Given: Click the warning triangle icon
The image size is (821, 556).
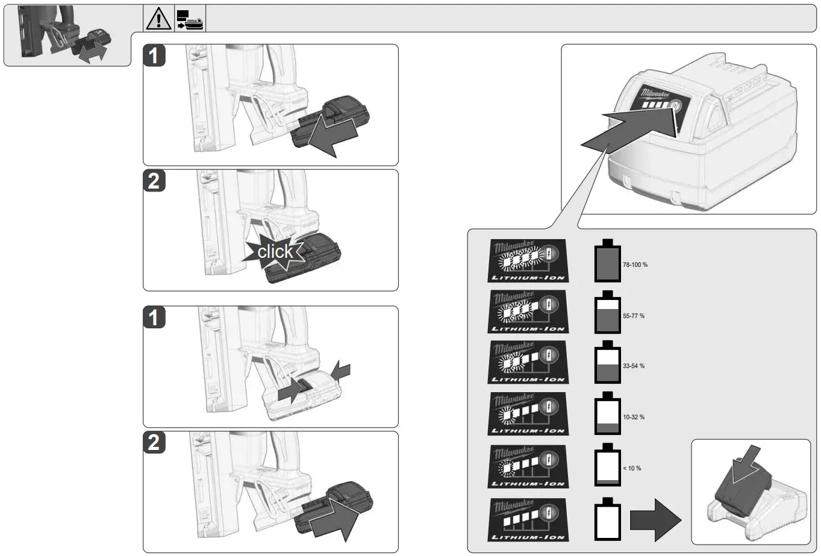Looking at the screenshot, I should pyautogui.click(x=158, y=19).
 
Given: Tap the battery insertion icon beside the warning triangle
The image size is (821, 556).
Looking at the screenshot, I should pyautogui.click(x=190, y=19).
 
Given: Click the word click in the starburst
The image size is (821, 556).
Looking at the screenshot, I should pyautogui.click(x=275, y=251).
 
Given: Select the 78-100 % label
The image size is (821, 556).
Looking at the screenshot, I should pyautogui.click(x=635, y=265).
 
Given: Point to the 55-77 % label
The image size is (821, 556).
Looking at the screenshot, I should pyautogui.click(x=633, y=316).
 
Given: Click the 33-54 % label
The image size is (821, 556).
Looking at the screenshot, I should pyautogui.click(x=633, y=366).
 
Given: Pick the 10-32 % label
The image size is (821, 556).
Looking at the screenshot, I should pyautogui.click(x=633, y=417).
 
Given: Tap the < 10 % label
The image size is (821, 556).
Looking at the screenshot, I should pyautogui.click(x=632, y=468).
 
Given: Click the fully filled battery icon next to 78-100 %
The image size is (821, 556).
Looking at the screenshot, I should pyautogui.click(x=607, y=261).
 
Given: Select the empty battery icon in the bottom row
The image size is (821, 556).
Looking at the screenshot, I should pyautogui.click(x=607, y=519).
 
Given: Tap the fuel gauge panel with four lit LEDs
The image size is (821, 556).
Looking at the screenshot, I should pyautogui.click(x=527, y=261).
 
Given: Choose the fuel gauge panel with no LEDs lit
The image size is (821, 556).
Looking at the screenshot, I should pyautogui.click(x=527, y=520).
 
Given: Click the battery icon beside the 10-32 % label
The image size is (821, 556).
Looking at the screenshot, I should pyautogui.click(x=607, y=414).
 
